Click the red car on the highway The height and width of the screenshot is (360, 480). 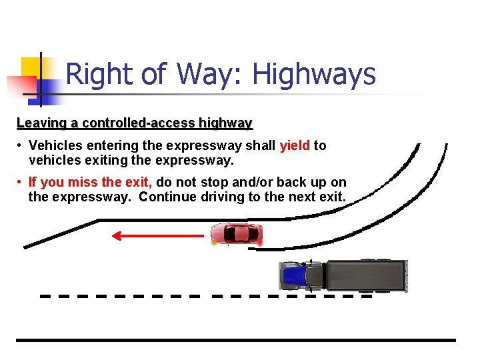[236, 234]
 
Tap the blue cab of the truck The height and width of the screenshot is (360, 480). [294, 275]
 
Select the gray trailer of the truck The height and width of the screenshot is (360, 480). [365, 275]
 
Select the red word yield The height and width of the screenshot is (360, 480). [295, 145]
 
